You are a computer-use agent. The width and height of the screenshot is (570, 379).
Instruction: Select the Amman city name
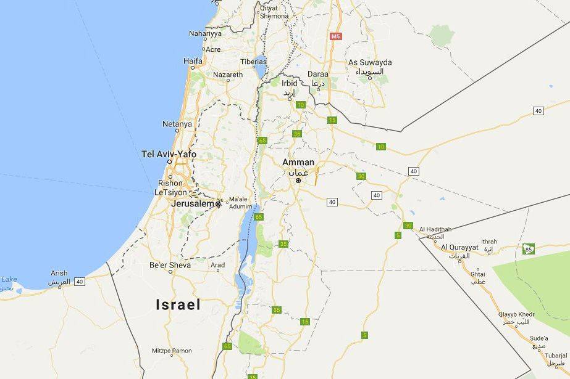pyautogui.click(x=298, y=162)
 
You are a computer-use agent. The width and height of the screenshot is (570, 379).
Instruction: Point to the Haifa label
pyautogui.click(x=193, y=61)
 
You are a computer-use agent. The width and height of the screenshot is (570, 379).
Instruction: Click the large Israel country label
pyautogui.click(x=178, y=304)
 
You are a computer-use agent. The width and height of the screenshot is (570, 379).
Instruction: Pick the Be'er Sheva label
pyautogui.click(x=170, y=265)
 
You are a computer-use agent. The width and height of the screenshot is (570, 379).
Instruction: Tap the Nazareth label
pyautogui.click(x=228, y=75)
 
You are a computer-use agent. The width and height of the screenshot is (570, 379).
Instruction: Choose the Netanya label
pyautogui.click(x=177, y=124)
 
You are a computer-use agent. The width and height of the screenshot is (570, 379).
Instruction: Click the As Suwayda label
pyautogui.click(x=370, y=62)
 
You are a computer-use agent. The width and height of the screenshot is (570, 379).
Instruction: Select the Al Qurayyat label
pyautogui.click(x=459, y=247)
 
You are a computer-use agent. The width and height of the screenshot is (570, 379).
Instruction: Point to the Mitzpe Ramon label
pyautogui.click(x=172, y=351)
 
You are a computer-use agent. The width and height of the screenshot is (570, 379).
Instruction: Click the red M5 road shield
pyautogui.click(x=336, y=36)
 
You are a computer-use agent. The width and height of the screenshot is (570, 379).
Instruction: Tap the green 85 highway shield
pyautogui.click(x=527, y=249)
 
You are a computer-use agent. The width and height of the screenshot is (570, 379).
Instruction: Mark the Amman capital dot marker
pyautogui.click(x=298, y=181)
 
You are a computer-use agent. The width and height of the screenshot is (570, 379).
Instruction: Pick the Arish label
pyautogui.click(x=59, y=273)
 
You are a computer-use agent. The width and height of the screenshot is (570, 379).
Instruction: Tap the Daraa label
pyautogui.click(x=318, y=74)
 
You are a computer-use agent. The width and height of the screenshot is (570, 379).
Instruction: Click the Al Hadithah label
pyautogui.click(x=435, y=229)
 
